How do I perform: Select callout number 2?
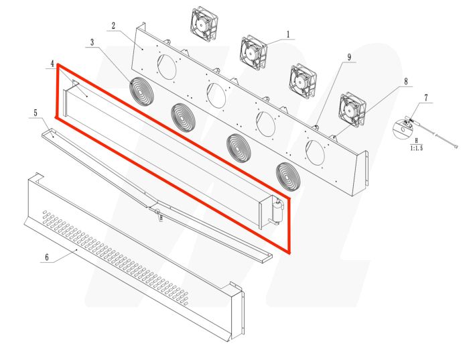pos(113,26)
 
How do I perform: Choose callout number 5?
pos(34,113)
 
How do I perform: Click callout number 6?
pos(46,257)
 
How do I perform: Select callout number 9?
pos(349,58)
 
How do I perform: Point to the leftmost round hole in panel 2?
pos(167,66)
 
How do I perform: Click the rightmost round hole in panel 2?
pos(314,153)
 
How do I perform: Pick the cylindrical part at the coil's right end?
pos(276,212)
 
